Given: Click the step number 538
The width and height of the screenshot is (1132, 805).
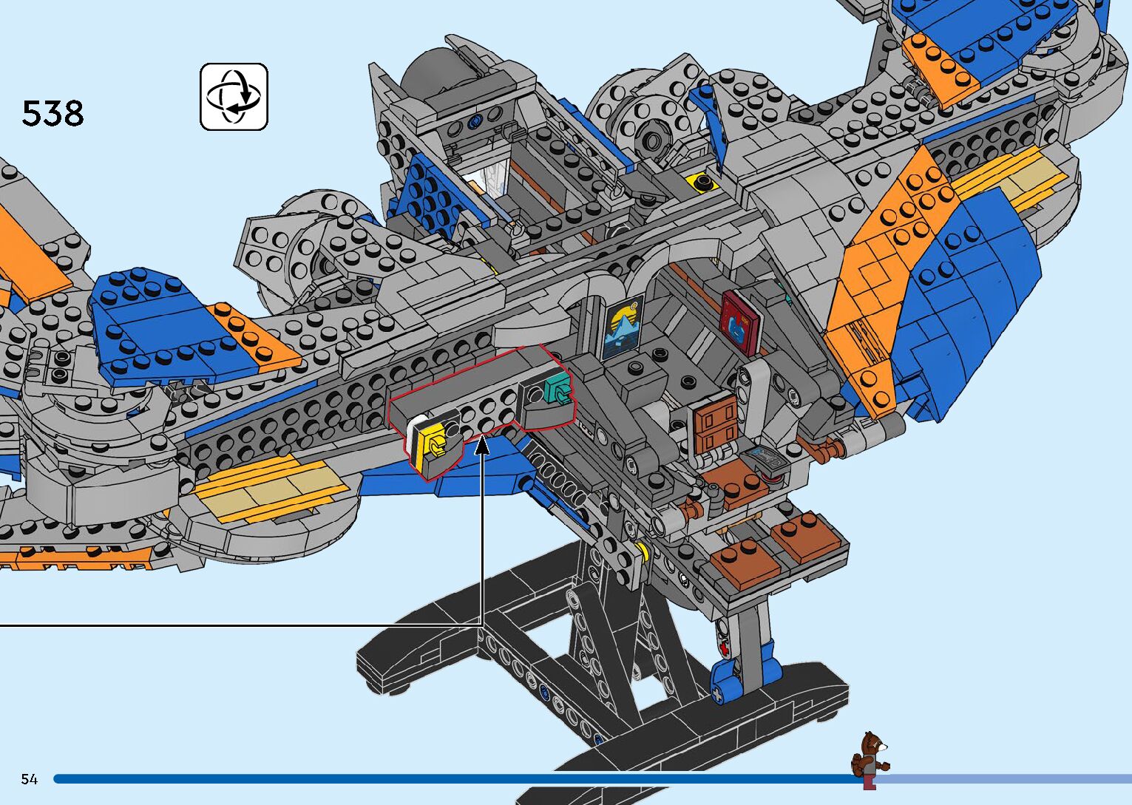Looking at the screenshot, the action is pos(52,114).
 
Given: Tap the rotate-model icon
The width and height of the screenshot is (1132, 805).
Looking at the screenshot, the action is pos(234,97).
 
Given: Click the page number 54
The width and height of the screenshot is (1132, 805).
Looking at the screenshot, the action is pos(29,779).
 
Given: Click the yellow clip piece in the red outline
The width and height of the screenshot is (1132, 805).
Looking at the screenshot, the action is pos(433,446).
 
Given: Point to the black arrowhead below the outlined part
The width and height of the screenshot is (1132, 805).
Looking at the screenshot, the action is pos(482,444).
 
